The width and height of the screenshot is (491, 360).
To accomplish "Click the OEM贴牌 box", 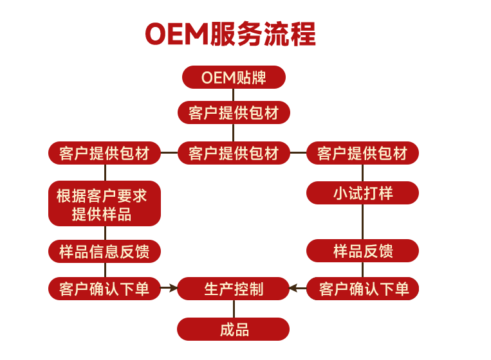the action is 234,77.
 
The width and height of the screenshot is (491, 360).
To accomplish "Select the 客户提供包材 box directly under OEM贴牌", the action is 234,113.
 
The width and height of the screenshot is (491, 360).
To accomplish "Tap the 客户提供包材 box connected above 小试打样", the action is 362,153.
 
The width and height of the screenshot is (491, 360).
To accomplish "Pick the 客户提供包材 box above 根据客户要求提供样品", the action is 104,153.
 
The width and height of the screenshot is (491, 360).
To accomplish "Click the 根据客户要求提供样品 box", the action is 104,203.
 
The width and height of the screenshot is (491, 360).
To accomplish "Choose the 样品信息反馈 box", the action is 104,251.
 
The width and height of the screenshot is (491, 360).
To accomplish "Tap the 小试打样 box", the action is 362,193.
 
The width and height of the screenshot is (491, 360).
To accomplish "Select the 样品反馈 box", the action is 362,251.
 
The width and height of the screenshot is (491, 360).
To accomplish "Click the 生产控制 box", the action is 234,289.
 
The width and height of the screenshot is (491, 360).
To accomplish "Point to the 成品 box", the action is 234,329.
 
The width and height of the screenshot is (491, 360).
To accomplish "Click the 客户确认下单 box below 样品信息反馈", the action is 104,289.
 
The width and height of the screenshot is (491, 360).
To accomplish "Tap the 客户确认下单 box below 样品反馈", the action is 362,289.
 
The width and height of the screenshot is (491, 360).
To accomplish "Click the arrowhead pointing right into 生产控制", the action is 174,288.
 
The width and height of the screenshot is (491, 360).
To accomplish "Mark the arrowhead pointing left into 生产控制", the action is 293,288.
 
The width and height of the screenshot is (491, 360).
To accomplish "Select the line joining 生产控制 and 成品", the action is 234,309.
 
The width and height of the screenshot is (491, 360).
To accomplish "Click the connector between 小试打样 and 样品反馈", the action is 362,222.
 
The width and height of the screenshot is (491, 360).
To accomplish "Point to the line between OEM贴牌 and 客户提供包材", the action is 234,94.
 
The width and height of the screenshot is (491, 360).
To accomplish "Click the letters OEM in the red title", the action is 177,34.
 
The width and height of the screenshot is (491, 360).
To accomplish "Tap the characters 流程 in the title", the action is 289,34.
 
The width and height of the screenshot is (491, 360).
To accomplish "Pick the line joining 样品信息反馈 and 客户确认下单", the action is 105,270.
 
